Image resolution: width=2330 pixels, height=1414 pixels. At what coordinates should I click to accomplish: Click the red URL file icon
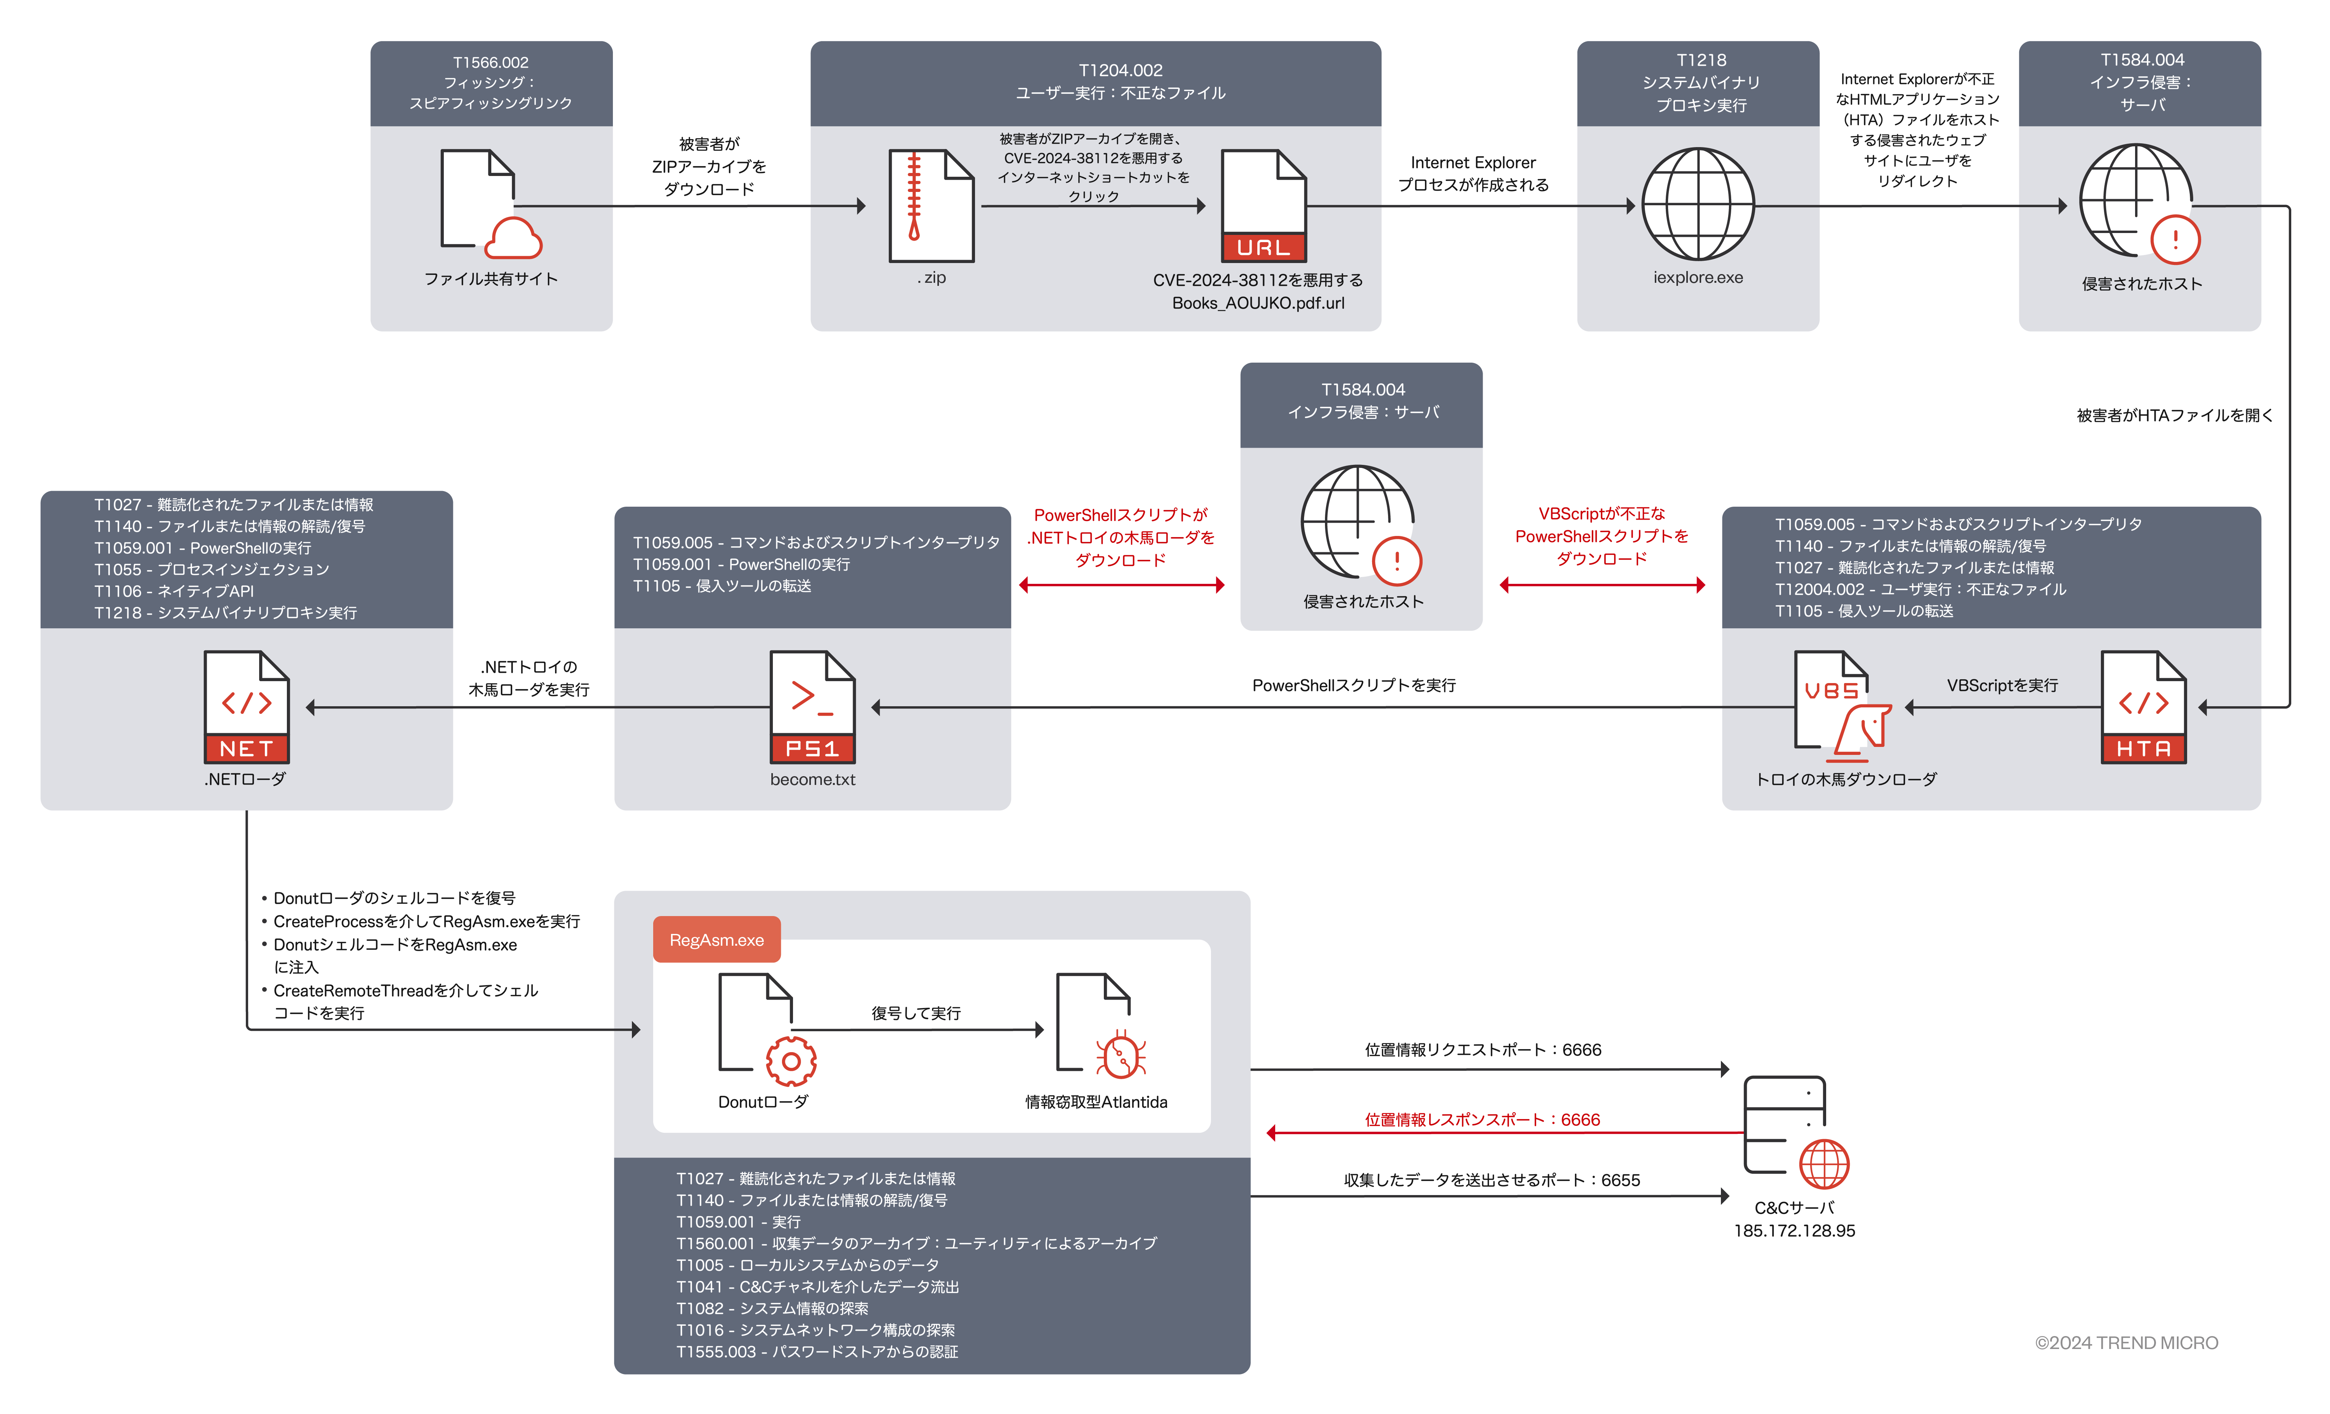coord(1263,206)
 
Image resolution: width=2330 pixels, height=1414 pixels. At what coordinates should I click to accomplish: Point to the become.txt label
coord(812,779)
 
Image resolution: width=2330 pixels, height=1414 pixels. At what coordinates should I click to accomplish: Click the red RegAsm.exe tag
coord(717,939)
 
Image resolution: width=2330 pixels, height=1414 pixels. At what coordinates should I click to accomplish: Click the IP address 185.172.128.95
coord(1794,1230)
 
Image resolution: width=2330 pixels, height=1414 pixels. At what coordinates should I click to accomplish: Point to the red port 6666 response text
coord(1482,1120)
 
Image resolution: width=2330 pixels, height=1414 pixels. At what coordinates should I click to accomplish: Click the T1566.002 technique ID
coord(491,62)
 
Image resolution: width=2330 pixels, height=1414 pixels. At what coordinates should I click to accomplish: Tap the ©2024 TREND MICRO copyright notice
coord(2126,1343)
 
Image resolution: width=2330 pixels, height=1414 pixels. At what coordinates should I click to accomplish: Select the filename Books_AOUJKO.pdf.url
coord(1258,303)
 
